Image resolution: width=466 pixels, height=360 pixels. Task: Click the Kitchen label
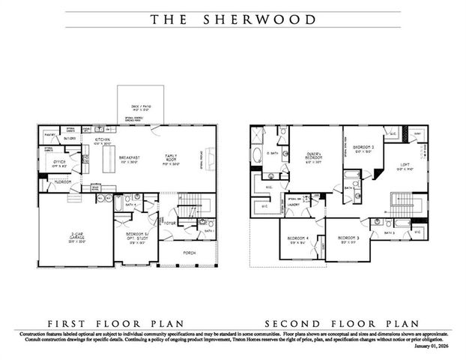pos(103,141)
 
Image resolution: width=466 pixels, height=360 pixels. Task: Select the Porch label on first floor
pos(189,253)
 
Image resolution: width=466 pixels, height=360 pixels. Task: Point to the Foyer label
pos(170,222)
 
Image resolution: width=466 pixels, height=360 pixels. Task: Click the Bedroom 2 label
pos(363,147)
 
